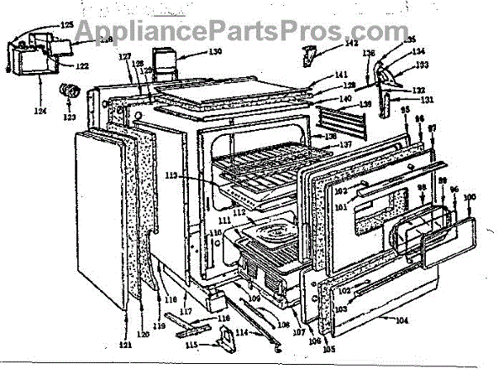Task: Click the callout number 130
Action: (215, 52)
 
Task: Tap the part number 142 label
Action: (329, 43)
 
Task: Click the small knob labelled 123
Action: (66, 91)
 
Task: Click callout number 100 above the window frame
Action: (470, 197)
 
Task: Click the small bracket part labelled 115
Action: (225, 338)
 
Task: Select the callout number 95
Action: (407, 111)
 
